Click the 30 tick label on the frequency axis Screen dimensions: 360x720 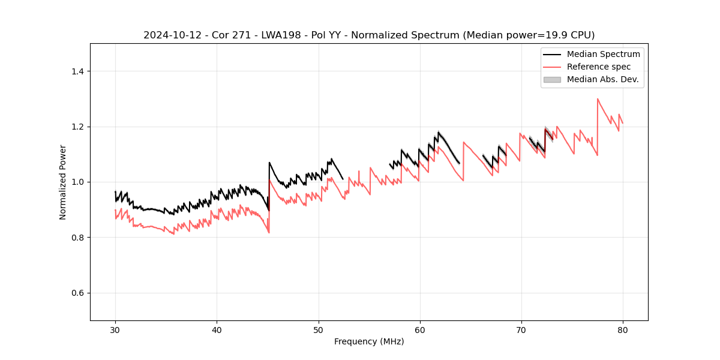pyautogui.click(x=115, y=329)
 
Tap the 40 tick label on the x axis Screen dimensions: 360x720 pyautogui.click(x=217, y=329)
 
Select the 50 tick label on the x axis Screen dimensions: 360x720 pyautogui.click(x=319, y=329)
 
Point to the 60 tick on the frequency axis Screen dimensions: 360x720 pyautogui.click(x=420, y=329)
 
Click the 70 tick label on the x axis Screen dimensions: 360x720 pyautogui.click(x=521, y=329)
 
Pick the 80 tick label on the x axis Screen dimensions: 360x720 pyautogui.click(x=623, y=329)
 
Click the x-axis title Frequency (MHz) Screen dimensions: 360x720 pyautogui.click(x=369, y=341)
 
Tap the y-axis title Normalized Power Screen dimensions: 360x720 pyautogui.click(x=62, y=182)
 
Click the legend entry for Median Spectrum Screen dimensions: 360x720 pyautogui.click(x=603, y=54)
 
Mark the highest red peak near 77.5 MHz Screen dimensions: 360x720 pyautogui.click(x=598, y=99)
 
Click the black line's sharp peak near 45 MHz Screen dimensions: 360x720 pyautogui.click(x=269, y=163)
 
